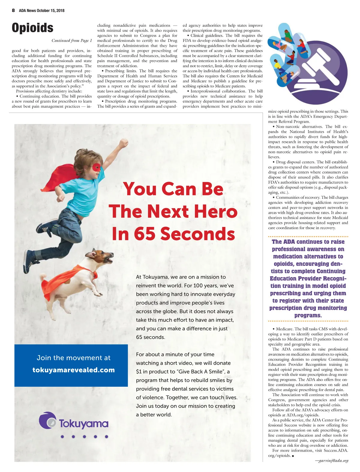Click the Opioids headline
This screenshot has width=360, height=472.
(x=32, y=28)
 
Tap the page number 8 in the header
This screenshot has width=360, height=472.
(x=13, y=10)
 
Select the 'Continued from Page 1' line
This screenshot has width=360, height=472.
(x=72, y=41)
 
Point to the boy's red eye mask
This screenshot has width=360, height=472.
(x=97, y=167)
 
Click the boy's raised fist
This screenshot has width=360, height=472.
(x=123, y=144)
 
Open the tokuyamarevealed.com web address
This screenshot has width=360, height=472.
(x=73, y=370)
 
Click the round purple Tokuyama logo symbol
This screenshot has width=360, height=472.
(x=47, y=420)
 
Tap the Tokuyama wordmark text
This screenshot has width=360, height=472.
(x=83, y=424)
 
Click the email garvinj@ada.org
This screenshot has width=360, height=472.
(x=333, y=461)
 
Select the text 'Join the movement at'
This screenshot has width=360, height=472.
(x=73, y=358)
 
